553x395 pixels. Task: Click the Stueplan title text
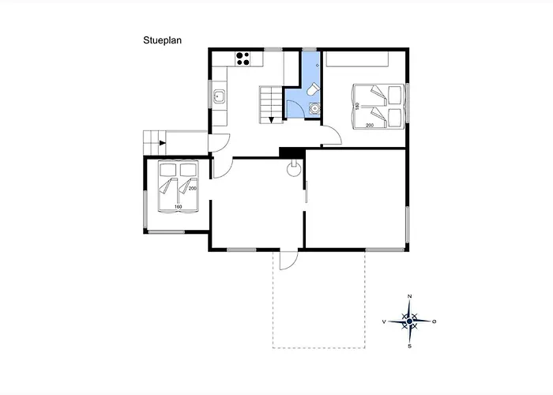coord(162,40)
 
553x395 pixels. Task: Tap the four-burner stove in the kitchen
coord(243,59)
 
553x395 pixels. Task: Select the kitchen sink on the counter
coord(220,96)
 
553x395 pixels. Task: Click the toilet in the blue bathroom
coord(313,88)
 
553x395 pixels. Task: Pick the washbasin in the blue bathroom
coord(314,109)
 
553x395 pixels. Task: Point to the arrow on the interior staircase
coord(271,120)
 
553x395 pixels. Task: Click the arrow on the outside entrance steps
coord(162,143)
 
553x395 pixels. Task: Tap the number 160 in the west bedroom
coord(178,207)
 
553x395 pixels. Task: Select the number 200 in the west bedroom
coord(192,188)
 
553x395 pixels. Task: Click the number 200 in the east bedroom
coord(370,125)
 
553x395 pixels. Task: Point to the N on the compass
coord(409,296)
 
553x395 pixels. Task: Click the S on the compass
coord(409,346)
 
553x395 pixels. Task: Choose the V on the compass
coord(384,322)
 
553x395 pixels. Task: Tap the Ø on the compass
coord(434,322)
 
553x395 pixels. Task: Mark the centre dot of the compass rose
coord(409,322)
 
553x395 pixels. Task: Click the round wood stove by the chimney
coord(293,169)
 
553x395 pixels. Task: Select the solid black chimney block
coord(292,152)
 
